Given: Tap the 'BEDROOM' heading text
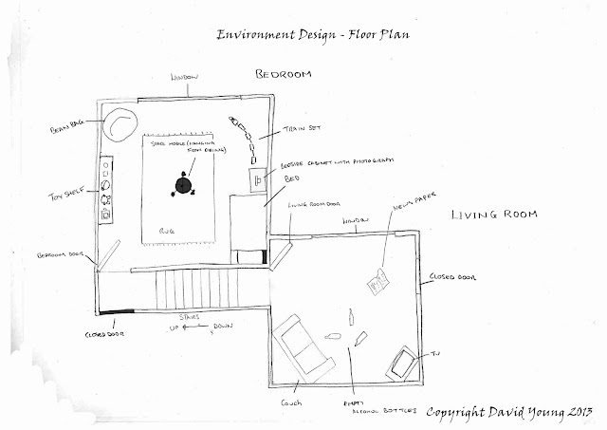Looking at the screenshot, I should (285, 74).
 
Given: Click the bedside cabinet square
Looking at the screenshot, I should (255, 178).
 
